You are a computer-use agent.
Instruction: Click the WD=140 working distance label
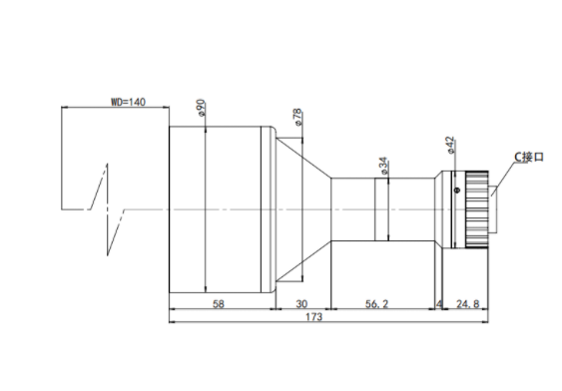coord(128,102)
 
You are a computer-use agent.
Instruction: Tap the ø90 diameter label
coord(202,108)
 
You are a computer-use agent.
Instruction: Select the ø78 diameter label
coord(297,117)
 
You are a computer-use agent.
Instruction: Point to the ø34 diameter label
coord(383,166)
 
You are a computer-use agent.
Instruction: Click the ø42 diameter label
coord(450,145)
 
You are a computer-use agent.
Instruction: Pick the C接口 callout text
coord(529,157)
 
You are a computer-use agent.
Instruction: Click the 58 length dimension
coord(219,304)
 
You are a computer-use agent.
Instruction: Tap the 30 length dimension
coord(301,304)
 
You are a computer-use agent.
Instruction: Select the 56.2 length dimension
coord(376,304)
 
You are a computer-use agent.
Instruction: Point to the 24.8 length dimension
coord(468,304)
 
